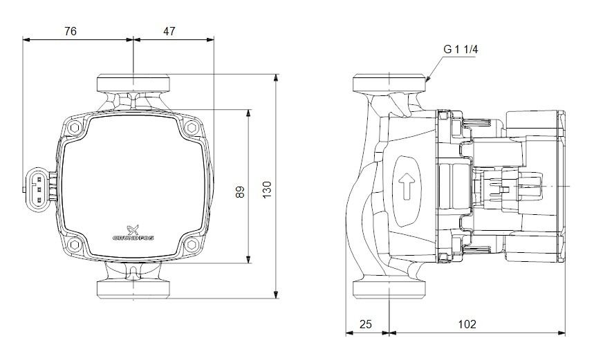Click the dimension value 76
click(69, 31)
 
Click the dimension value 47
click(169, 31)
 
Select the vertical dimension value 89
click(241, 192)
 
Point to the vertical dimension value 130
click(267, 188)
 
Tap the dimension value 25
click(366, 323)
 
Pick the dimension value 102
click(467, 323)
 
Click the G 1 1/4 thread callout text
click(461, 50)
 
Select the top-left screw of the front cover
click(74, 127)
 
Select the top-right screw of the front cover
click(190, 127)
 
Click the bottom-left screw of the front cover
click(74, 243)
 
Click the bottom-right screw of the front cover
click(190, 243)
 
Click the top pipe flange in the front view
click(132, 82)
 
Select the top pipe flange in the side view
click(391, 83)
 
